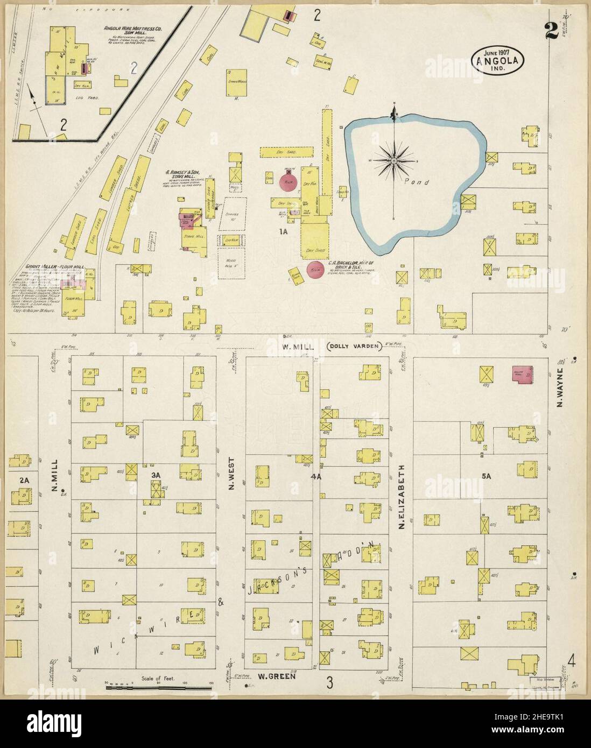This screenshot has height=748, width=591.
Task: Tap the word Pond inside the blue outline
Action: coord(419,182)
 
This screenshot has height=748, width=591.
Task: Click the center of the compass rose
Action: coord(395,160)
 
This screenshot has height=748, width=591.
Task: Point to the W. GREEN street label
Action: coord(277,676)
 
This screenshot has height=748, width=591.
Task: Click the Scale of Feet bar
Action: coord(159,687)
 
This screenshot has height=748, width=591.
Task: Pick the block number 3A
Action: coord(156,475)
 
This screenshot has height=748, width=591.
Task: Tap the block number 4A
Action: coord(316,476)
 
